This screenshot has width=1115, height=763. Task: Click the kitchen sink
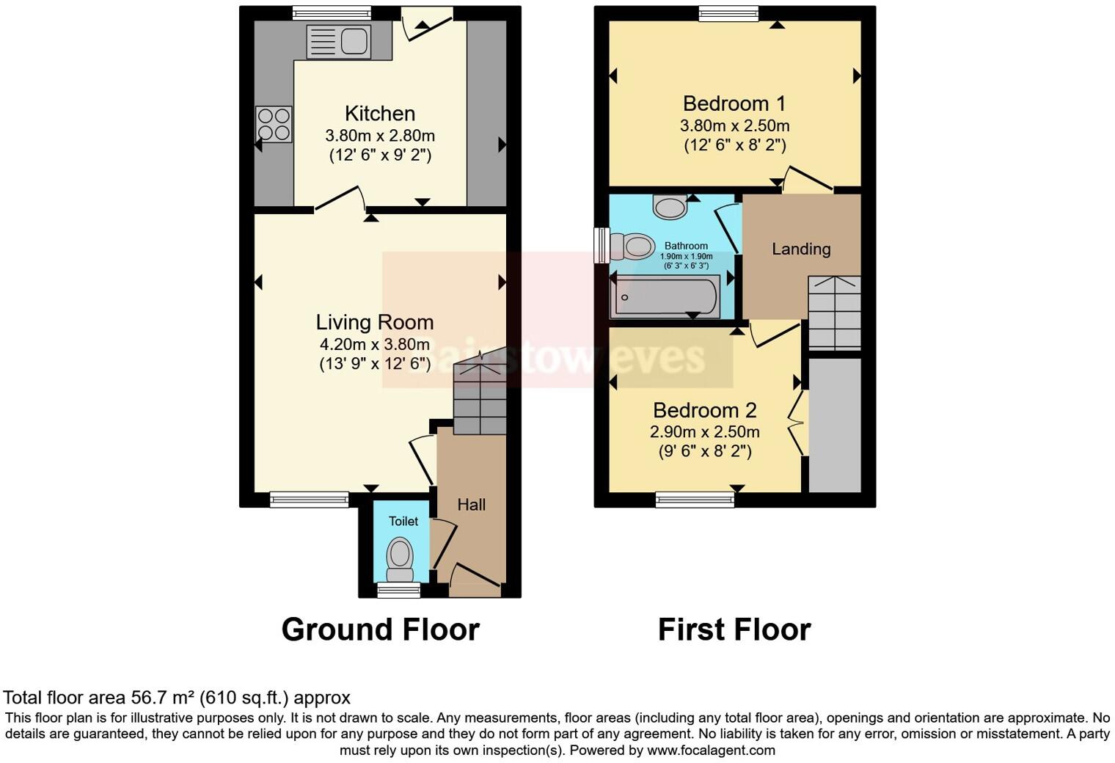click(338, 40)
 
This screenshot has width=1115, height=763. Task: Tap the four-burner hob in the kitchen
click(274, 124)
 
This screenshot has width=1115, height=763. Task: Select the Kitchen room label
click(380, 114)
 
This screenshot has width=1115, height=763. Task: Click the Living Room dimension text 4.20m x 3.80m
click(374, 344)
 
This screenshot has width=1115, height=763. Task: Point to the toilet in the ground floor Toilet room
click(400, 558)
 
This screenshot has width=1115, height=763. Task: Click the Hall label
click(471, 505)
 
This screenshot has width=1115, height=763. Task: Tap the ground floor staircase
click(480, 396)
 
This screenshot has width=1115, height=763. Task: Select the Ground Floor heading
click(380, 629)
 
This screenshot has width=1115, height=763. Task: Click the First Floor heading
click(734, 629)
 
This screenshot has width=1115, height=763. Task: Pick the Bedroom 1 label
click(734, 103)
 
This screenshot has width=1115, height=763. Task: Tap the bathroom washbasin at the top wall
click(670, 207)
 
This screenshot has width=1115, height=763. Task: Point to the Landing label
click(801, 249)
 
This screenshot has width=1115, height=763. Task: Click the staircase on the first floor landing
click(834, 313)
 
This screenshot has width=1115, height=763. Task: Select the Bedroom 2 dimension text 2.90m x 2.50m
click(704, 432)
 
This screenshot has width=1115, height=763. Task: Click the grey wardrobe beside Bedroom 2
click(834, 426)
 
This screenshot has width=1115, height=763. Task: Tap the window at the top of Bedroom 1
click(728, 13)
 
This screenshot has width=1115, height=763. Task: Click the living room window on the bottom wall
click(309, 500)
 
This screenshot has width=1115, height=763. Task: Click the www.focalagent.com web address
click(711, 750)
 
